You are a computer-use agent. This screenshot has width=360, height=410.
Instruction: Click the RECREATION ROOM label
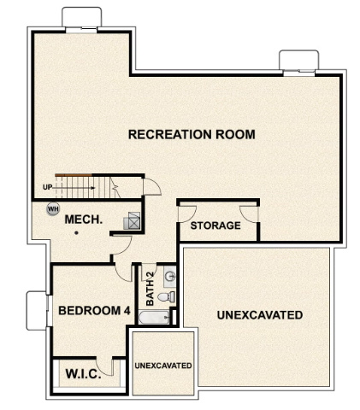point(191,135)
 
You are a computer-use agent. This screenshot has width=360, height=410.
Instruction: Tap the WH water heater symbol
point(53,208)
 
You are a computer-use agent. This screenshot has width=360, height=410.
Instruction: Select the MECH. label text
point(84,220)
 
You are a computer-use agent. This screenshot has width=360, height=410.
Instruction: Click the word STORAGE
point(215,225)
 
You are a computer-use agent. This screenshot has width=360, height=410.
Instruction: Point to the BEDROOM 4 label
point(93,311)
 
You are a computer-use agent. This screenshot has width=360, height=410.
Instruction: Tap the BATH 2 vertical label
point(150,289)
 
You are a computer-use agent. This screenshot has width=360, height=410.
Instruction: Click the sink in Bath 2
point(168,277)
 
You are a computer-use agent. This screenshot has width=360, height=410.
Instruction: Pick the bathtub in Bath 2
point(155,319)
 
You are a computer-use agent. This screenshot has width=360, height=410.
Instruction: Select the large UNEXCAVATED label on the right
point(259,315)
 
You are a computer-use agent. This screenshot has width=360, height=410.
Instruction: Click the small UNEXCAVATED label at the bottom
point(162,365)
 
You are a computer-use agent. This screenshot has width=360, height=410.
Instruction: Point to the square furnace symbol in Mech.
point(132,220)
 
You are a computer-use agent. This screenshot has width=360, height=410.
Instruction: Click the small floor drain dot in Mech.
point(76,232)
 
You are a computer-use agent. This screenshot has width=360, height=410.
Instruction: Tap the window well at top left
point(83,20)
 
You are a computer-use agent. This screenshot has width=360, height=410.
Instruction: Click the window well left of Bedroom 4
point(37,310)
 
